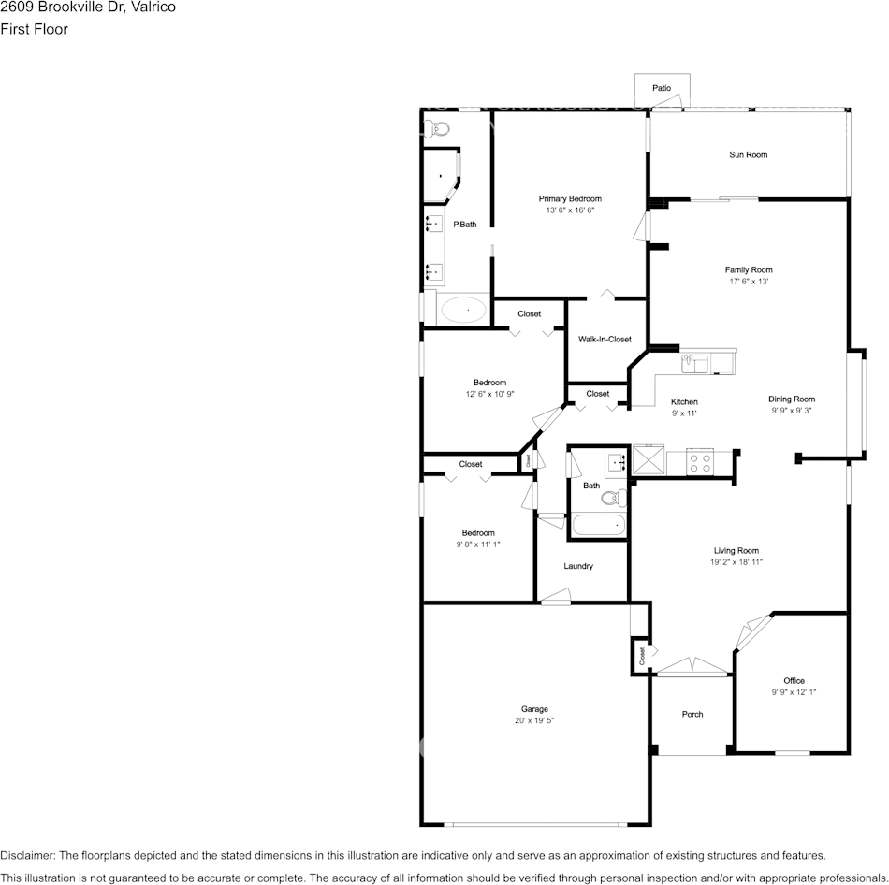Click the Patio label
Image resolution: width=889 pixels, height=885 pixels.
(662, 88)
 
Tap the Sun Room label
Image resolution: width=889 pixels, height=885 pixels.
(748, 154)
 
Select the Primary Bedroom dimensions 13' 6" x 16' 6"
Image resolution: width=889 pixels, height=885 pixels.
(570, 210)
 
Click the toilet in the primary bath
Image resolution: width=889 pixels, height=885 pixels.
(439, 128)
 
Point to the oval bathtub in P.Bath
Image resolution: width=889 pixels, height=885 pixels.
(463, 310)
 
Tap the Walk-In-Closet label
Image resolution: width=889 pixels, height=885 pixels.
(605, 340)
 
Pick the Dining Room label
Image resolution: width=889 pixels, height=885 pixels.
(792, 399)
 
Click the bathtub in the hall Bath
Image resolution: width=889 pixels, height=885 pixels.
(598, 527)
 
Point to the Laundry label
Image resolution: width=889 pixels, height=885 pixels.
(578, 566)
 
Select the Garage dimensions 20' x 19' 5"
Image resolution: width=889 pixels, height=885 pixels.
(534, 720)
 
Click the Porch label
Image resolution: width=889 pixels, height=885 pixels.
(692, 714)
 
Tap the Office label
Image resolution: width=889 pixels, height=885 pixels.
(794, 680)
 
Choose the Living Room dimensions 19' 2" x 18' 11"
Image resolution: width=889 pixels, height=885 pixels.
(736, 562)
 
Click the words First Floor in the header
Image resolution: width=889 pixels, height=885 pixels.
(34, 29)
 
